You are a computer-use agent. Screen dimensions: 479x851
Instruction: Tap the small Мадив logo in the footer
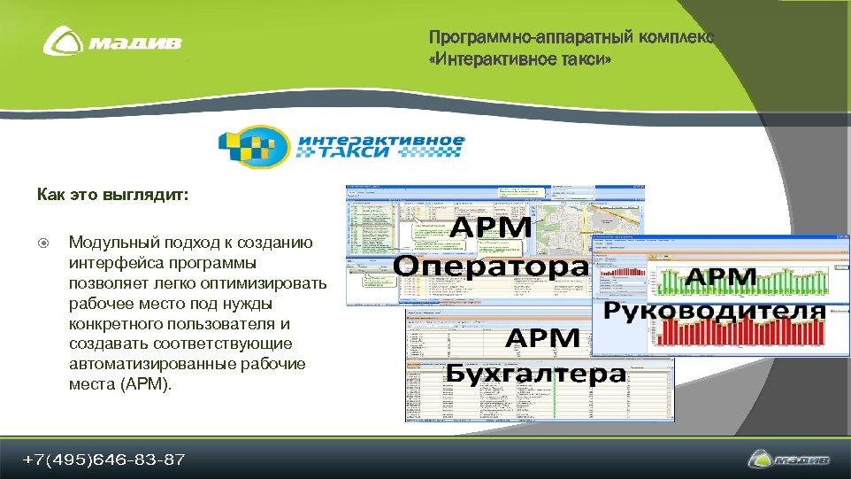pyautogui.click(x=789, y=460)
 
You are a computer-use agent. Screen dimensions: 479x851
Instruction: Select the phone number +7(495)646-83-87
pyautogui.click(x=104, y=460)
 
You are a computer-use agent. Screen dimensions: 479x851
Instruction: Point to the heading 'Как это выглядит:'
pyautogui.click(x=112, y=194)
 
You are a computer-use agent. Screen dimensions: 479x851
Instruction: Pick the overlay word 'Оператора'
pyautogui.click(x=491, y=267)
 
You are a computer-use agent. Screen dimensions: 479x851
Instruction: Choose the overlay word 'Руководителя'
pyautogui.click(x=715, y=312)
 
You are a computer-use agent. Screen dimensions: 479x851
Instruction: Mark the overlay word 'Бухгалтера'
pyautogui.click(x=535, y=373)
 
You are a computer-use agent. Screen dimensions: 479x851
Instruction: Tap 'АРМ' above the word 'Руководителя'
pyautogui.click(x=722, y=277)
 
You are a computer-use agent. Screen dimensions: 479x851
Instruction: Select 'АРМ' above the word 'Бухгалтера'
pyautogui.click(x=542, y=338)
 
